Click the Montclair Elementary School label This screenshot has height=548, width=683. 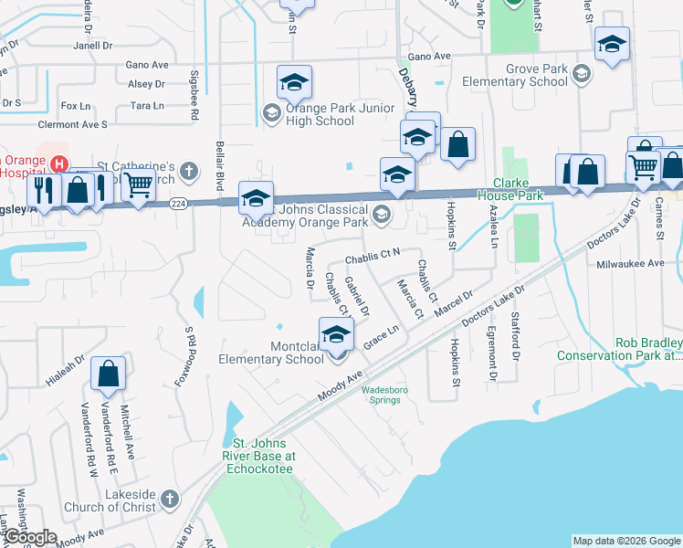(271, 353)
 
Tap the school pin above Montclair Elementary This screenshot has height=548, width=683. (336, 333)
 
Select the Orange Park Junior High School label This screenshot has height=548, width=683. (320, 114)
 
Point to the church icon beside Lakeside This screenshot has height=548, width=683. (169, 499)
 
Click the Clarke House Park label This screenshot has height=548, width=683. (518, 189)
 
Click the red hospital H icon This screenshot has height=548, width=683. (58, 164)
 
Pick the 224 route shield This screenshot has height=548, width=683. (180, 205)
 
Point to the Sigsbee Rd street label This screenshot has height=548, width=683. (194, 95)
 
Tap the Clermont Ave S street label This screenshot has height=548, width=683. (72, 124)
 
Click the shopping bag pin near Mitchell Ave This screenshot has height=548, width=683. (109, 374)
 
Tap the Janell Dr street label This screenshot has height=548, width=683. (93, 45)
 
